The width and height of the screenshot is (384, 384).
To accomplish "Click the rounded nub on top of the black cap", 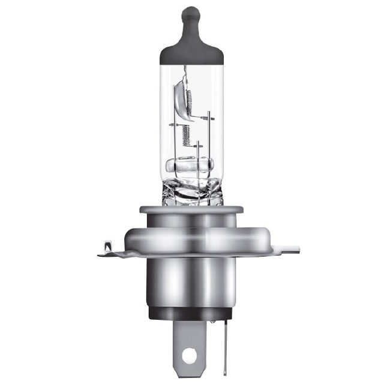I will point(191,14).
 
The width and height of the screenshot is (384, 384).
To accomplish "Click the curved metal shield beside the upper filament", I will point(179,99).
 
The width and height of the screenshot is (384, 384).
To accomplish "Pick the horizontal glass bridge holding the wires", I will point(191,164).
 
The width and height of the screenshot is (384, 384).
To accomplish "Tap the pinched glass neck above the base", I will point(191,192).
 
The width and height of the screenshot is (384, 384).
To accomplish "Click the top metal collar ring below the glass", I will point(191,210).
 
